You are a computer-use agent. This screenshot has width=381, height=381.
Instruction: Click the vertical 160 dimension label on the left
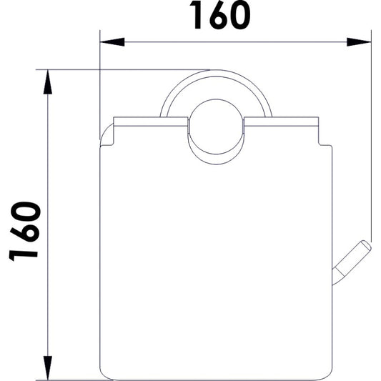coord(25,231)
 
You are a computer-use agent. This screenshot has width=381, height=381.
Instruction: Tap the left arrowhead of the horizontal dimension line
coord(112,42)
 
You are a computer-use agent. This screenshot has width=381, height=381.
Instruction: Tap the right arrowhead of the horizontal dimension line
coord(359,42)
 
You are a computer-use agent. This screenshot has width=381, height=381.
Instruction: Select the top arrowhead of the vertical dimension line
coord(48,82)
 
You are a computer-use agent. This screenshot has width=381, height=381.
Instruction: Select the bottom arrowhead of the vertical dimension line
coord(48,367)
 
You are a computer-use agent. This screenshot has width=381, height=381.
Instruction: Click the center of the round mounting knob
coord(216,127)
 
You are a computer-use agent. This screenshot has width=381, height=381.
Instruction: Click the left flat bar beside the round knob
coord(150,122)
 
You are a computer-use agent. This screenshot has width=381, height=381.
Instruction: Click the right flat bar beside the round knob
coord(281,122)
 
